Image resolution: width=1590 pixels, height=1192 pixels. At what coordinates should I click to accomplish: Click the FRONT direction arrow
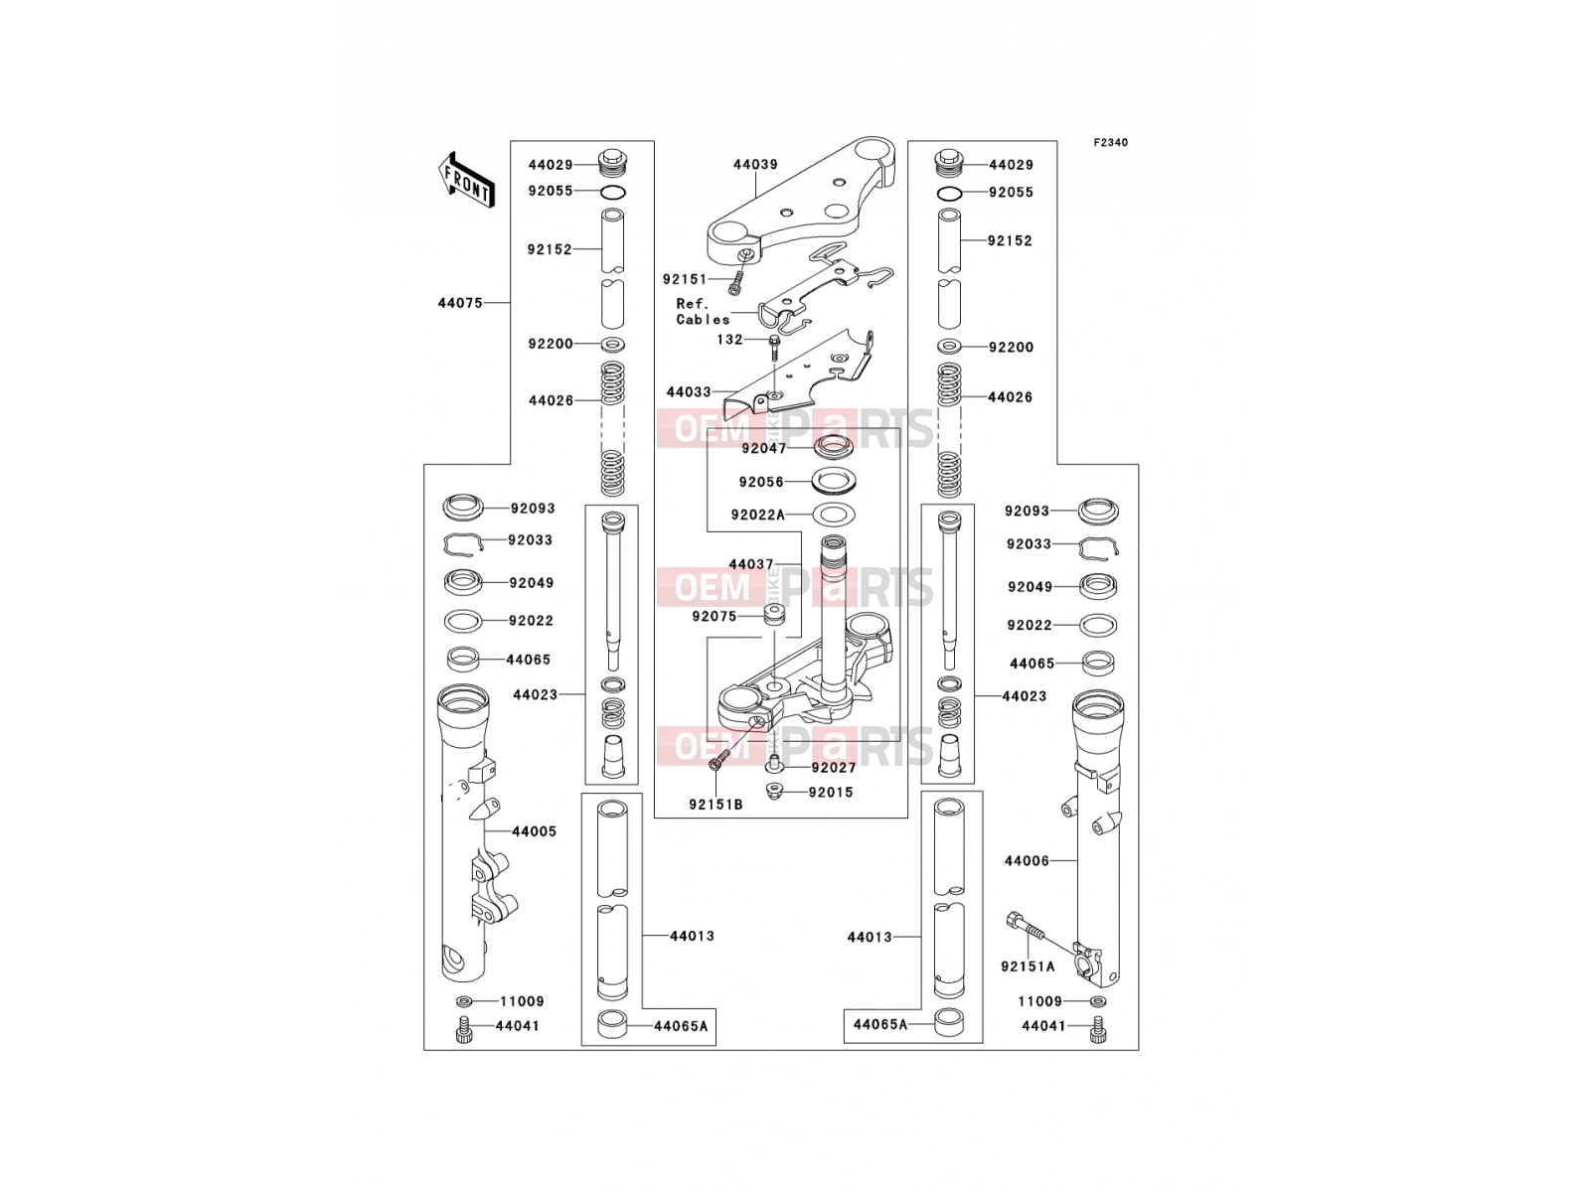(466, 180)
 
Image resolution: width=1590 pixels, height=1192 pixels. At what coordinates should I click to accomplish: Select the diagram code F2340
(1110, 143)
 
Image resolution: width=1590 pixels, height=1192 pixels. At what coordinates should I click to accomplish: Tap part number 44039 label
(755, 164)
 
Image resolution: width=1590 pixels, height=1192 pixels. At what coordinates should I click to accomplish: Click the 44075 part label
(460, 303)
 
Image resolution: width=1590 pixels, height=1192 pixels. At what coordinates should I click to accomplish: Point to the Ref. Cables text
(703, 312)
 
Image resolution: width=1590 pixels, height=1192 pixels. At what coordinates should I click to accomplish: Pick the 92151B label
(715, 805)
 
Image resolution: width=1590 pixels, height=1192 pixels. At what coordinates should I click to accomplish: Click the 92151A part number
(1028, 967)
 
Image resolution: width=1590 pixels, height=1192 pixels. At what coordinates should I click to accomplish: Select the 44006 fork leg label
(1027, 861)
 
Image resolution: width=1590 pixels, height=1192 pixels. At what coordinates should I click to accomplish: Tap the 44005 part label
(534, 832)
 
